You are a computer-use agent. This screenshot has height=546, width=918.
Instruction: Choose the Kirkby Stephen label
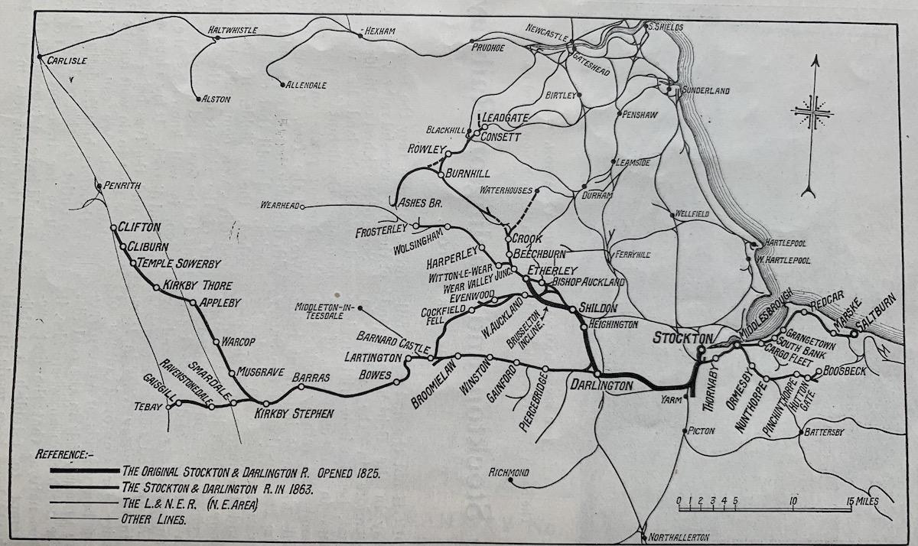[295, 414]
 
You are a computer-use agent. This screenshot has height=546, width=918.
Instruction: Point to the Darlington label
[602, 386]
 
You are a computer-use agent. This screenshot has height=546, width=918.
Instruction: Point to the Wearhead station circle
[303, 206]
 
